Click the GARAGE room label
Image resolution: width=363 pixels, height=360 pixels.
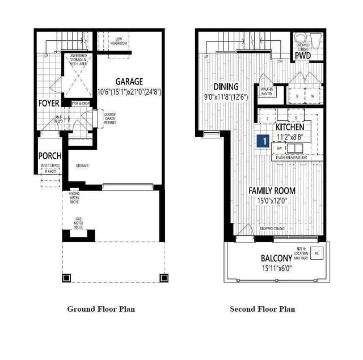129,81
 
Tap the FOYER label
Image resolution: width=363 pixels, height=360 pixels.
49,103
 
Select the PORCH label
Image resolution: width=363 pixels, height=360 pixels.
50,155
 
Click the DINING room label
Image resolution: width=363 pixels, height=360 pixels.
226,87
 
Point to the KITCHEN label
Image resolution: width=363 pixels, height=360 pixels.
290,127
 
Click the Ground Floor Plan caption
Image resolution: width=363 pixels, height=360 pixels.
101,309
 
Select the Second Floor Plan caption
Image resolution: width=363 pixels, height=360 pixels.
262,309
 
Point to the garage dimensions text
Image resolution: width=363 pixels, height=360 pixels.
129,91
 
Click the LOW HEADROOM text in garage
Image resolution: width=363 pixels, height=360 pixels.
119,41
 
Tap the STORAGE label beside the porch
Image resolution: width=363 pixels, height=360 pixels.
83,166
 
